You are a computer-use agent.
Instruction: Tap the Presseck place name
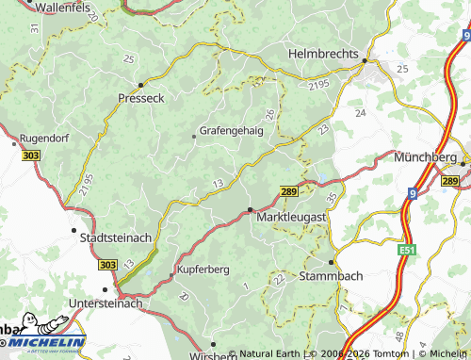pyautogui.click(x=141, y=97)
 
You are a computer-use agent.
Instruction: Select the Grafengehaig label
pyautogui.click(x=231, y=132)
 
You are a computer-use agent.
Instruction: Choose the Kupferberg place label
pyautogui.click(x=203, y=270)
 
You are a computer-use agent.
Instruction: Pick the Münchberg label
pyautogui.click(x=427, y=156)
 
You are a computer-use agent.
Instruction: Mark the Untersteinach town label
pyautogui.click(x=106, y=303)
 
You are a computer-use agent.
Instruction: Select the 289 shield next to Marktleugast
pyautogui.click(x=289, y=191)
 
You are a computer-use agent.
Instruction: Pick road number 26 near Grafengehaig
pyautogui.click(x=270, y=115)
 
